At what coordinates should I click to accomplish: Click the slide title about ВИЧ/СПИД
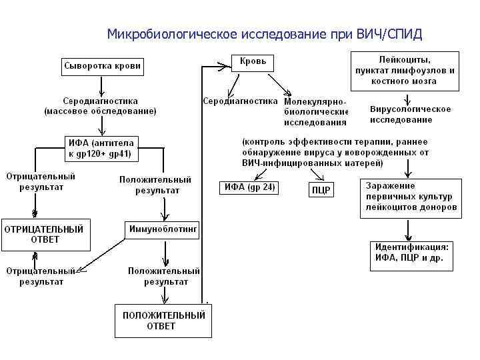tap(265, 34)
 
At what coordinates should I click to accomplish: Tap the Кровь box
tap(253, 62)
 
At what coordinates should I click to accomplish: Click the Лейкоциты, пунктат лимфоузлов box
tap(404, 70)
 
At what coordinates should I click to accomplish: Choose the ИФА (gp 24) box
tap(247, 187)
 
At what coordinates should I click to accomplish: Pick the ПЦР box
tap(321, 189)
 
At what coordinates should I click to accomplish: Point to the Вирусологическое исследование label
tap(410, 114)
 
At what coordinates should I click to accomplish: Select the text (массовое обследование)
tap(100, 111)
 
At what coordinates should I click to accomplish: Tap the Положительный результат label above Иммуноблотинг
tap(155, 185)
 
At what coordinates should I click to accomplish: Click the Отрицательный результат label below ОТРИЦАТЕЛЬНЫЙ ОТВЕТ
tap(41, 276)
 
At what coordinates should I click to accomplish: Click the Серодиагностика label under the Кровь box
tap(239, 101)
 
